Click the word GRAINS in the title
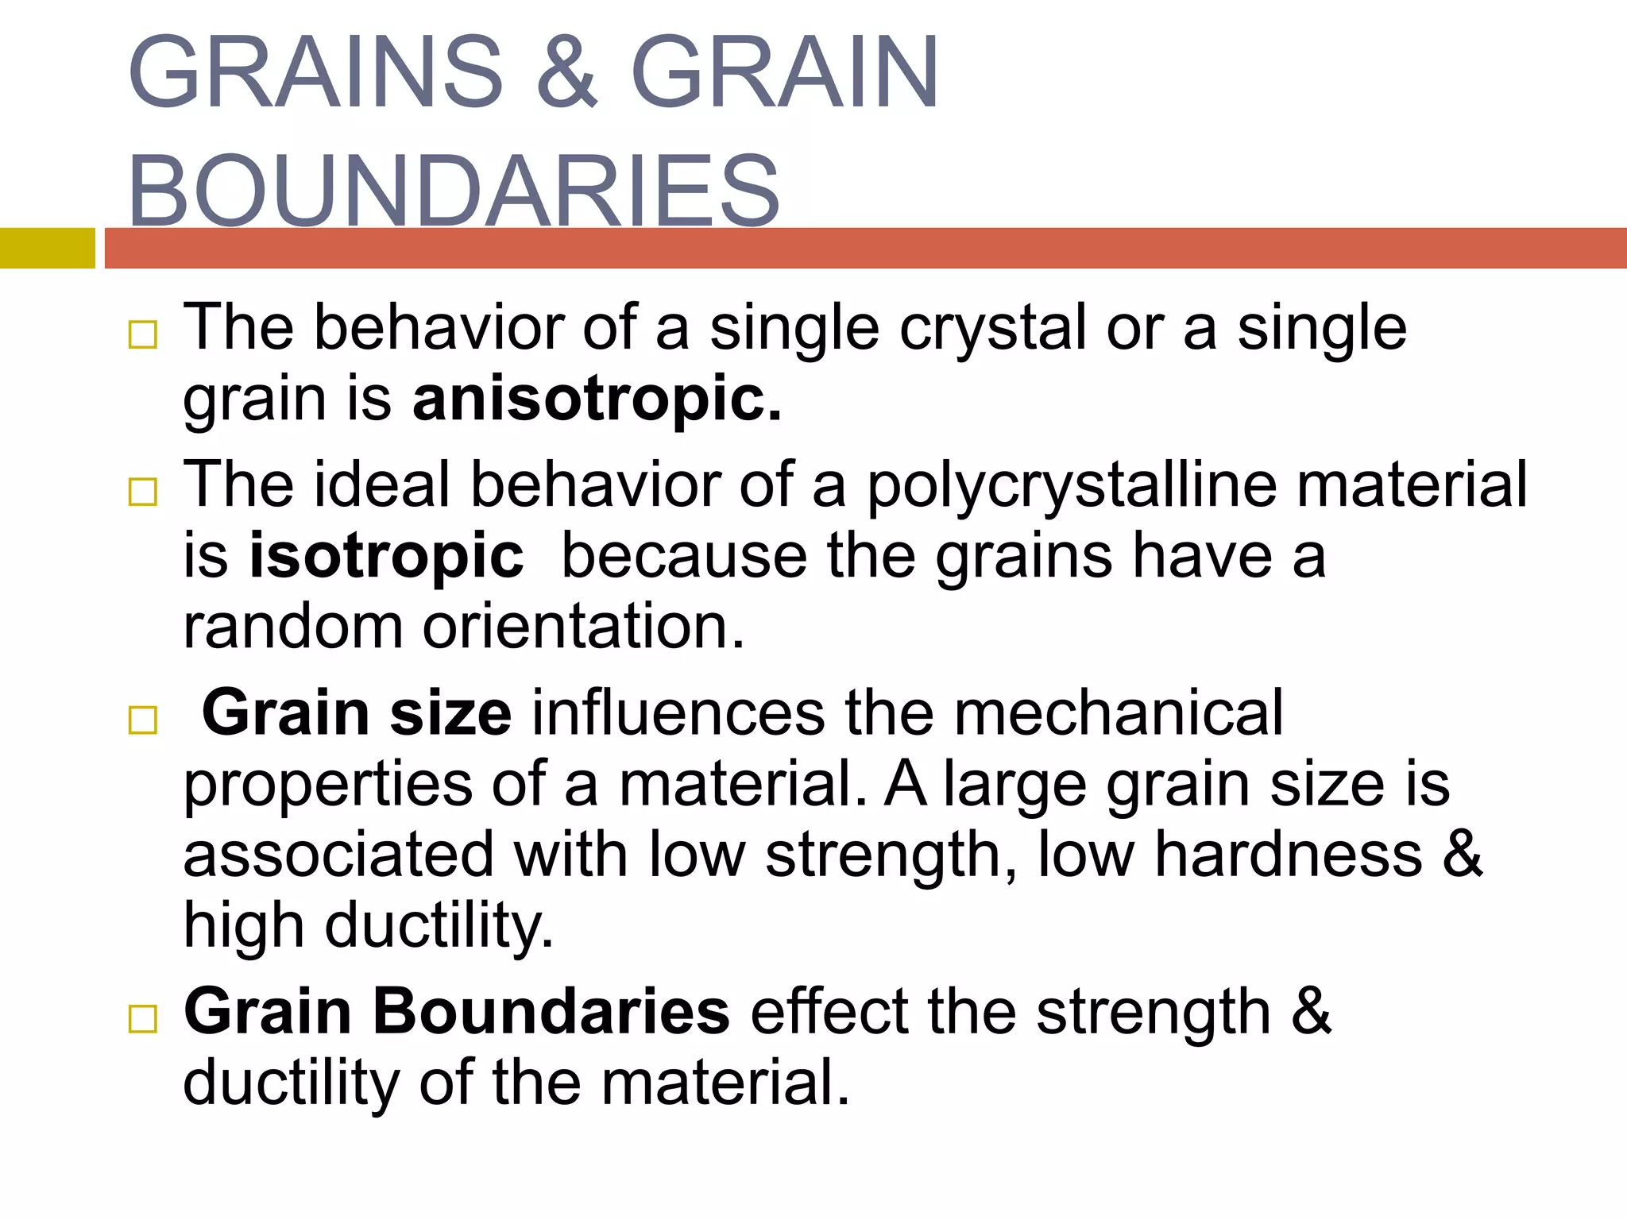coord(315,73)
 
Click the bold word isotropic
coord(387,555)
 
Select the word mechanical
coord(1118,712)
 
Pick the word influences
coord(678,712)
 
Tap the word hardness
coord(1288,855)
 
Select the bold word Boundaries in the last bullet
coord(551,1012)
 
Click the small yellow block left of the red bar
coord(47,248)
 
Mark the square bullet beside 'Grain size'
coord(143,720)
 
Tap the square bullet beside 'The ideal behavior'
coord(143,492)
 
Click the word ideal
coord(382,485)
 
